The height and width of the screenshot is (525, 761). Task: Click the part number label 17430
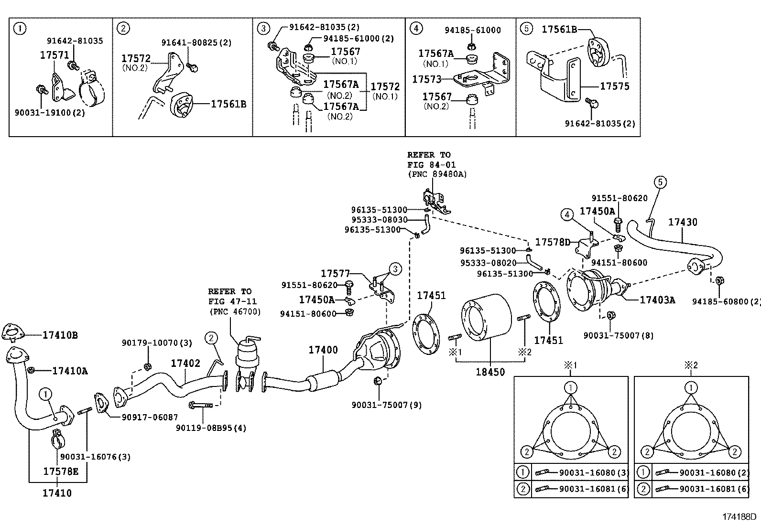click(x=682, y=222)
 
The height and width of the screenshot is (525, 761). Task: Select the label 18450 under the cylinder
click(x=490, y=372)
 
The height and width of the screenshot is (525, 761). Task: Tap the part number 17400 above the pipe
click(x=323, y=350)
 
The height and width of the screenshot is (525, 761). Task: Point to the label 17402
click(x=185, y=364)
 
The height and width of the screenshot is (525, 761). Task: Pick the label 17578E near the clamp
click(x=61, y=471)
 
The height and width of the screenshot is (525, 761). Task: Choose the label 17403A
click(x=657, y=300)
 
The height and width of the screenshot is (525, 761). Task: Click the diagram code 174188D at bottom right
click(x=739, y=517)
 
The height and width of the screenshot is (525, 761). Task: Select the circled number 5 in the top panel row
click(x=525, y=29)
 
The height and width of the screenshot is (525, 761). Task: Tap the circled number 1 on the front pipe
click(x=45, y=394)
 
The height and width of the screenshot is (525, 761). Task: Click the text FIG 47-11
click(x=232, y=301)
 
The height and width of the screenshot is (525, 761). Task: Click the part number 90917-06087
click(x=150, y=417)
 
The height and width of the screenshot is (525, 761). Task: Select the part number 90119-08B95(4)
click(x=211, y=428)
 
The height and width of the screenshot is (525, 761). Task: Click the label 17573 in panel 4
click(x=426, y=79)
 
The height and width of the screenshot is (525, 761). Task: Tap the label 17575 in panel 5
click(x=615, y=86)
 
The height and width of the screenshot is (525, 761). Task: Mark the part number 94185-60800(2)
click(x=726, y=301)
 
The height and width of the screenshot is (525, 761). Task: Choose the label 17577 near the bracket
click(x=336, y=273)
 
